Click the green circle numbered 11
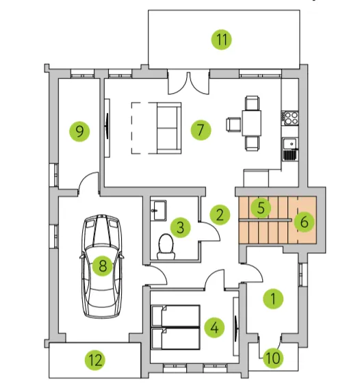tap(222, 39)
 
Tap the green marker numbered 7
tap(201, 130)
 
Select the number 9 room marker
tap(79, 131)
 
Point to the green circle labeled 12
tap(95, 360)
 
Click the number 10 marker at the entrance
tap(273, 358)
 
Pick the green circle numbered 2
tap(220, 215)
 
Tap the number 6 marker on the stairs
tap(305, 222)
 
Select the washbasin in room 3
tap(159, 210)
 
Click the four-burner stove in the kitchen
tap(290, 118)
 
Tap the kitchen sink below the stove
tap(290, 148)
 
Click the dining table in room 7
tap(252, 123)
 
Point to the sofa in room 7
tap(168, 128)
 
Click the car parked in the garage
tap(102, 266)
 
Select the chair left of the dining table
tap(233, 125)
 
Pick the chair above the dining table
tap(252, 103)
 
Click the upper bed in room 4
tap(176, 315)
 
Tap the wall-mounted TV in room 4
tap(235, 327)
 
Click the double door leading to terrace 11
tap(188, 83)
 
